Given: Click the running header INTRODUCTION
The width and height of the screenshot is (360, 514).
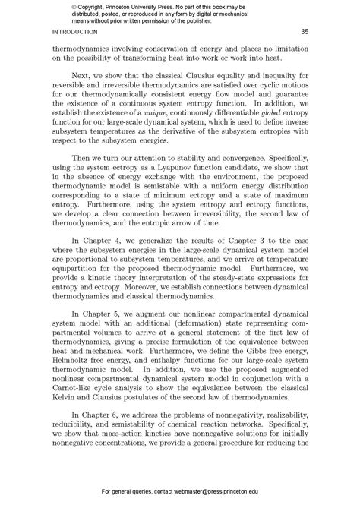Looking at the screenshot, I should [x=74, y=32].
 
